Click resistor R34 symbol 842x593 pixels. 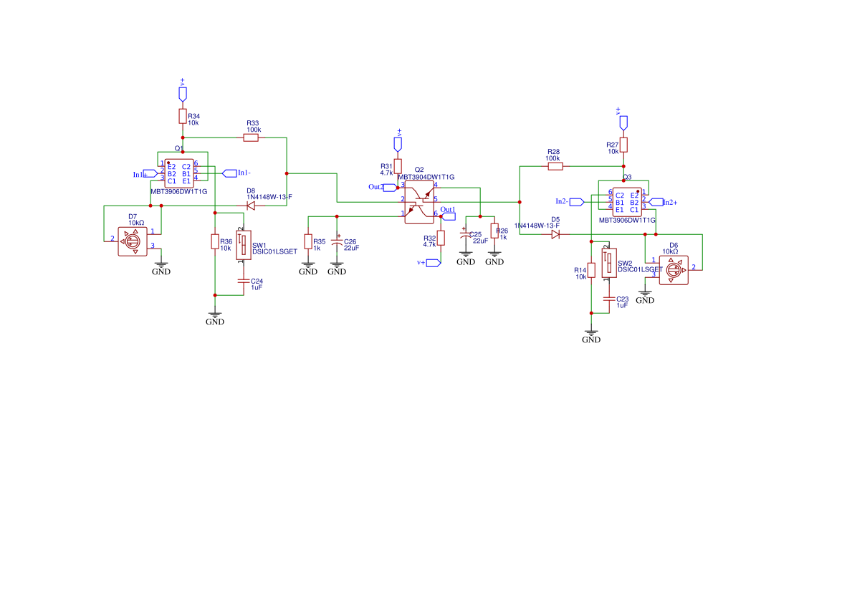tap(183, 117)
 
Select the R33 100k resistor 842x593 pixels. tap(251, 138)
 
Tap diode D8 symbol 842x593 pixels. tap(251, 206)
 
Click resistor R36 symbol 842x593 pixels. tap(215, 241)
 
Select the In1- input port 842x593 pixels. tap(229, 173)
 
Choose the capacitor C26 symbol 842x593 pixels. tap(337, 244)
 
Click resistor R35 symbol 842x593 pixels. tap(308, 242)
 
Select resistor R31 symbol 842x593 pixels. tap(398, 166)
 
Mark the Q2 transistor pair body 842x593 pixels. tap(419, 202)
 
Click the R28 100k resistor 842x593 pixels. tap(555, 166)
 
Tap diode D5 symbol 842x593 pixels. tap(555, 234)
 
